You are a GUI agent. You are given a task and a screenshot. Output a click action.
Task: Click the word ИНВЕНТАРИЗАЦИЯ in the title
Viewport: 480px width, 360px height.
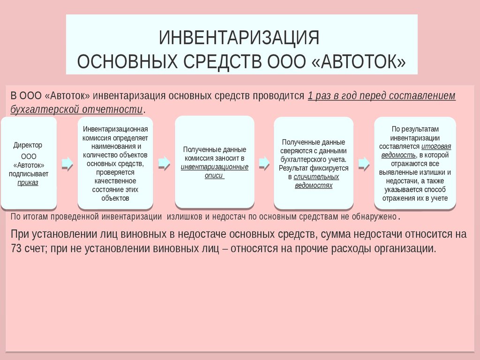(239, 37)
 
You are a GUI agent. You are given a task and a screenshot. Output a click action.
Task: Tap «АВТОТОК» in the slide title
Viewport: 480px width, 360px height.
(359, 61)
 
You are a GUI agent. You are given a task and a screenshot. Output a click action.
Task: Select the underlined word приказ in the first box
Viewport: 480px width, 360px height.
(28, 183)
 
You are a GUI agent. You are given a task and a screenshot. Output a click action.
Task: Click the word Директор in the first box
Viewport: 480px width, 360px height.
(28, 145)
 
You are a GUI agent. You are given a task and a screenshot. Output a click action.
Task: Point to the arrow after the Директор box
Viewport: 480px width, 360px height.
(67, 164)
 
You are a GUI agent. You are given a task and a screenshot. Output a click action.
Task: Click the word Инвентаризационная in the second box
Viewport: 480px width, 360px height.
(115, 129)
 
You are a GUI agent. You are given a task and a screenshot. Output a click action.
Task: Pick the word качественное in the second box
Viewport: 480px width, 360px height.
(115, 181)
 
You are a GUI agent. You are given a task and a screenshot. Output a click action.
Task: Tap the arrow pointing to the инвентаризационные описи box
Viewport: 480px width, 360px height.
(165, 164)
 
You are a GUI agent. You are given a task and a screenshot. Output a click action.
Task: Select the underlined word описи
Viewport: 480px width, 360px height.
(214, 175)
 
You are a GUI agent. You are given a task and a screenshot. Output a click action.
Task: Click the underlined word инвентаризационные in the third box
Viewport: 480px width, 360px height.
(215, 167)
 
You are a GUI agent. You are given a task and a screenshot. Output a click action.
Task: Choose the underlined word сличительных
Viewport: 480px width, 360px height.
(316, 177)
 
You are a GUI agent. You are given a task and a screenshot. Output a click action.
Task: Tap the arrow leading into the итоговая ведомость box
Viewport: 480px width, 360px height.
(364, 164)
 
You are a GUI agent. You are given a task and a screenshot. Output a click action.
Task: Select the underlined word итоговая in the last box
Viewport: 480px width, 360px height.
(436, 147)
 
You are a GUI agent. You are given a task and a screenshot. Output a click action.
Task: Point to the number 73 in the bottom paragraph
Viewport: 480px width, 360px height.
(16, 248)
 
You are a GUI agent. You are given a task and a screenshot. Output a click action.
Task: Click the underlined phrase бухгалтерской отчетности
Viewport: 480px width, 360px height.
(76, 110)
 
